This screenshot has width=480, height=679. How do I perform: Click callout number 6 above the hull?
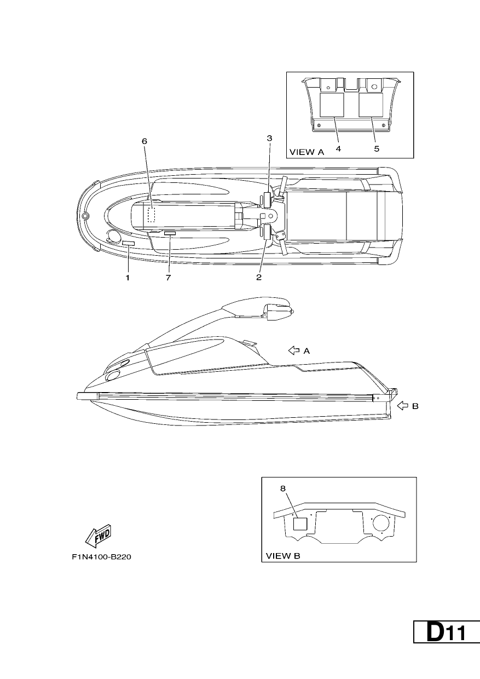point(144,141)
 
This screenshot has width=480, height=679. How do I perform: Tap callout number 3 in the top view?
point(269,138)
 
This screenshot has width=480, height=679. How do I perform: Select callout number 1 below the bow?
point(128,278)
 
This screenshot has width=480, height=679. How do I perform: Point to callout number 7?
point(168,278)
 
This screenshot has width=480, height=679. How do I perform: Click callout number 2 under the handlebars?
point(259,277)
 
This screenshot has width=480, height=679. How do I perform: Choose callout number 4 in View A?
point(338,149)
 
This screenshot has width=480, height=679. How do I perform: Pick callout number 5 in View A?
point(377,149)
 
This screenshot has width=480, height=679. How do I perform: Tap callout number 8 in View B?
point(283,488)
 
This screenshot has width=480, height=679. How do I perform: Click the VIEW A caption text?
point(307,152)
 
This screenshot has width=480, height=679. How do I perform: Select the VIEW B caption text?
point(283,556)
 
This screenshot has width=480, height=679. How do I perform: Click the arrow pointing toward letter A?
point(294,350)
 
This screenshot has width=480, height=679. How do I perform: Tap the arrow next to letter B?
point(402,406)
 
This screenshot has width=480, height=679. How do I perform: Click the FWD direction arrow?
point(98,536)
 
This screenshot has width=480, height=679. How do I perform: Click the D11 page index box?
point(447,632)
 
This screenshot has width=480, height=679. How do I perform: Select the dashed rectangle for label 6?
point(151,215)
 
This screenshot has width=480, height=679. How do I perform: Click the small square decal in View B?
point(300,524)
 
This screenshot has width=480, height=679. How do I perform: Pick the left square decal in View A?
point(332,105)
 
